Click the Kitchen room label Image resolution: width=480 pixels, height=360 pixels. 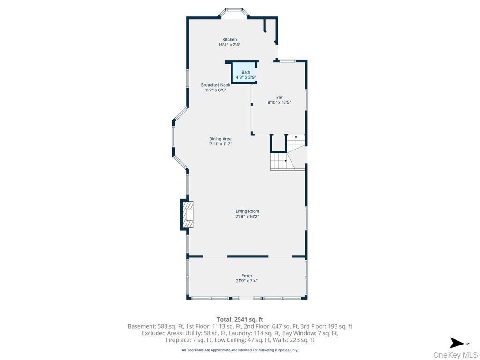pyautogui.click(x=229, y=39)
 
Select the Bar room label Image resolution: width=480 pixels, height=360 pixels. pyautogui.click(x=279, y=97)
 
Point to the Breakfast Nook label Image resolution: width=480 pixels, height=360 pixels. pyautogui.click(x=216, y=85)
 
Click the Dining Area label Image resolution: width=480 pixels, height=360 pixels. pyautogui.click(x=220, y=139)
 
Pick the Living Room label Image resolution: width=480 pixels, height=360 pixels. pyautogui.click(x=247, y=211)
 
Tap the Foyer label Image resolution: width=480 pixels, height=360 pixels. pyautogui.click(x=247, y=276)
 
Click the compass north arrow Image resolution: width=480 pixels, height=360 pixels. pyautogui.click(x=457, y=343)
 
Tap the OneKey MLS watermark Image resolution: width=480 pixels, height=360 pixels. pyautogui.click(x=455, y=354)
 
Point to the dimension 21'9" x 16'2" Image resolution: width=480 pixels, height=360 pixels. pyautogui.click(x=247, y=217)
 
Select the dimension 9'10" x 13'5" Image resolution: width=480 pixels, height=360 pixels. pyautogui.click(x=279, y=102)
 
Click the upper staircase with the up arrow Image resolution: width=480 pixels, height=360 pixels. pyautogui.click(x=296, y=140)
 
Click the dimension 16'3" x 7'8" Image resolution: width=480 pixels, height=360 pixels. pyautogui.click(x=229, y=45)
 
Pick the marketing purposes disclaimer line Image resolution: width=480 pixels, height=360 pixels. pyautogui.click(x=240, y=350)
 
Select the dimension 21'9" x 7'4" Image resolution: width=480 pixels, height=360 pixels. pyautogui.click(x=247, y=281)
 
